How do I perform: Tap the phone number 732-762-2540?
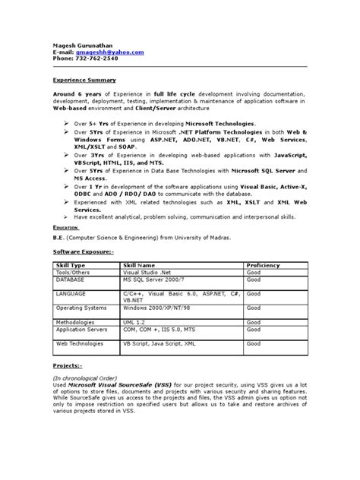pos(95,58)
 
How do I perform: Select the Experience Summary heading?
pos(84,79)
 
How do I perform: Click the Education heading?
pos(67,226)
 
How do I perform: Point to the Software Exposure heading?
pos(83,251)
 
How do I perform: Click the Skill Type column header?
pos(72,264)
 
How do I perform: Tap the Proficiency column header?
pos(263,264)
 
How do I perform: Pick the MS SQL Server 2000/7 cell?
pos(155,279)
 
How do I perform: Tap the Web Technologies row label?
pos(80,343)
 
